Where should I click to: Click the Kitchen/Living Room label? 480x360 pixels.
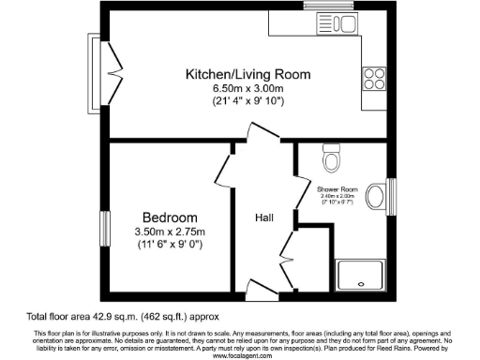click(x=247, y=74)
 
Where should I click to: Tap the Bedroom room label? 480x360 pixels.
click(x=170, y=215)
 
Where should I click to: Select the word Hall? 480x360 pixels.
click(x=264, y=218)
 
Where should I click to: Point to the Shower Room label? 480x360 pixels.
click(x=337, y=188)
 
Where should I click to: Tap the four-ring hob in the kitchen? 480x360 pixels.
click(x=374, y=75)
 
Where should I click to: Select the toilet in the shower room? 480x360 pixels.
click(x=330, y=160)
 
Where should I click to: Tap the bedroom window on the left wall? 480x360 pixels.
click(x=105, y=230)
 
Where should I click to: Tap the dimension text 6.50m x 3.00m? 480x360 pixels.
click(x=247, y=88)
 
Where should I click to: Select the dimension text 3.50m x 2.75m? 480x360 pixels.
click(x=170, y=232)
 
